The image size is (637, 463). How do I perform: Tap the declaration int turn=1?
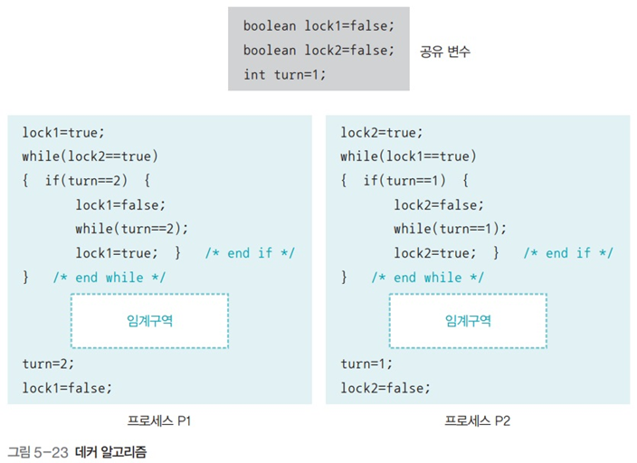pyautogui.click(x=284, y=74)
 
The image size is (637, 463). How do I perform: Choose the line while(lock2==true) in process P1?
pyautogui.click(x=90, y=156)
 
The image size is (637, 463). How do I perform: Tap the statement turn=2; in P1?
pyautogui.click(x=48, y=364)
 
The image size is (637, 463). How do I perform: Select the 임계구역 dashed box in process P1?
pyautogui.click(x=150, y=320)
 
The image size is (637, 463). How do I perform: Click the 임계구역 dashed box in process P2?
pyautogui.click(x=468, y=320)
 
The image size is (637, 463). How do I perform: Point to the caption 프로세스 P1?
pyautogui.click(x=158, y=420)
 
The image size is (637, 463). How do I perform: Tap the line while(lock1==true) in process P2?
pyautogui.click(x=408, y=156)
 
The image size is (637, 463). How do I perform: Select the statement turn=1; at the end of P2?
pyautogui.click(x=366, y=364)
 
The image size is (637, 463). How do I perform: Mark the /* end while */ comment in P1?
pyautogui.click(x=109, y=277)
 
